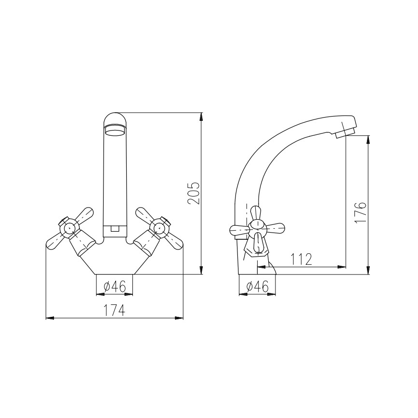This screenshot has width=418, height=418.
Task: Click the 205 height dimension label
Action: [x=193, y=193]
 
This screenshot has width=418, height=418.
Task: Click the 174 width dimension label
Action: [x=115, y=310]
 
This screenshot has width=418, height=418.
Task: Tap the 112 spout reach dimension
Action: [x=302, y=260]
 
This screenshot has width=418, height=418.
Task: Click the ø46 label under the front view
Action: [x=115, y=287]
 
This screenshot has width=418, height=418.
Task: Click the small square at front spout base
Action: [x=115, y=230]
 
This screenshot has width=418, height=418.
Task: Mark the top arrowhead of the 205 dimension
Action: [x=201, y=116]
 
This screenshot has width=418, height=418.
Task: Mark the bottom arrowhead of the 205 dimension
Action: [x=201, y=271]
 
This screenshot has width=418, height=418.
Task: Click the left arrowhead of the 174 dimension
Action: [x=49, y=318]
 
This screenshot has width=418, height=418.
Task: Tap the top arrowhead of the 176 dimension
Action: [x=368, y=139]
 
